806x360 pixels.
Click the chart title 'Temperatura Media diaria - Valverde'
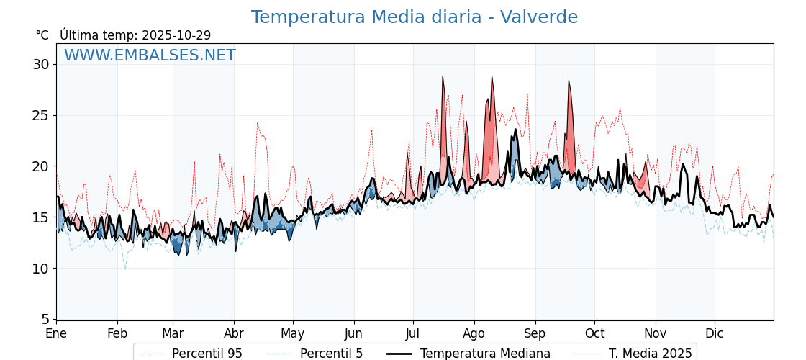click(414, 17)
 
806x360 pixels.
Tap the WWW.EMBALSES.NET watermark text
click(150, 55)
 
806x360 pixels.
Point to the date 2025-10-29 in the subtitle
click(176, 35)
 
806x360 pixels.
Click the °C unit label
click(42, 35)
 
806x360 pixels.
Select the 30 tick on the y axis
click(41, 64)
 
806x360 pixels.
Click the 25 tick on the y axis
click(41, 115)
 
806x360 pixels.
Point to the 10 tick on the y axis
click(41, 269)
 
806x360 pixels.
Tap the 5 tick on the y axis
click(45, 319)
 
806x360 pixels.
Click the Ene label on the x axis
click(56, 333)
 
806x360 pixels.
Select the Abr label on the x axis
click(234, 333)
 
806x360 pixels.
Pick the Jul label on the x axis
click(413, 333)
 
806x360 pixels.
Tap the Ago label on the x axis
click(474, 333)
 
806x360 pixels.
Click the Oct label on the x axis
click(594, 333)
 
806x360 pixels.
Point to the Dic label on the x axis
click(715, 333)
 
